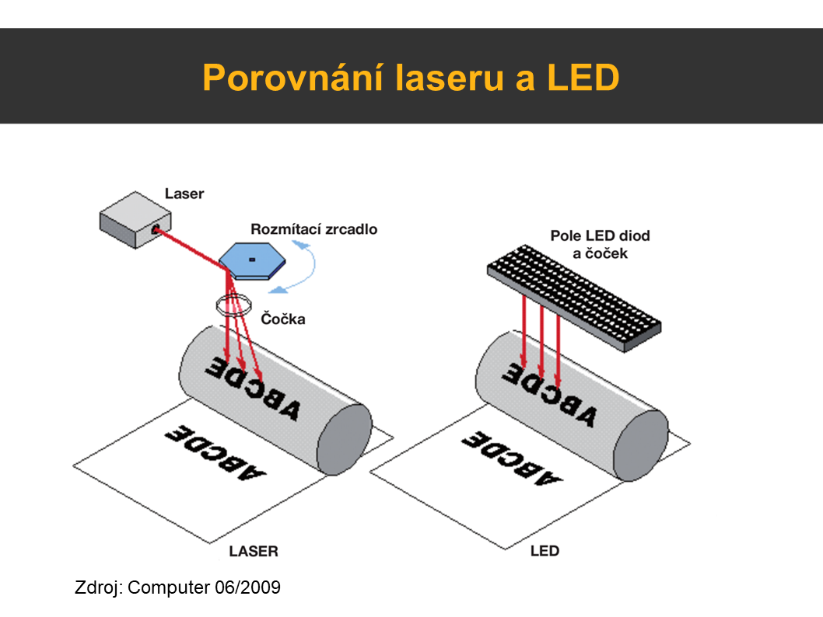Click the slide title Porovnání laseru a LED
411,78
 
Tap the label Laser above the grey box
184,193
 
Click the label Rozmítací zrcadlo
313,229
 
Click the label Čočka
283,319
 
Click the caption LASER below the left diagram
254,552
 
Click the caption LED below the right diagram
545,552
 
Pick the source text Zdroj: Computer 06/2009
177,587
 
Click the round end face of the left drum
342,438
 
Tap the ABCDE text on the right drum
549,392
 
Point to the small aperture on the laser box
156,229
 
